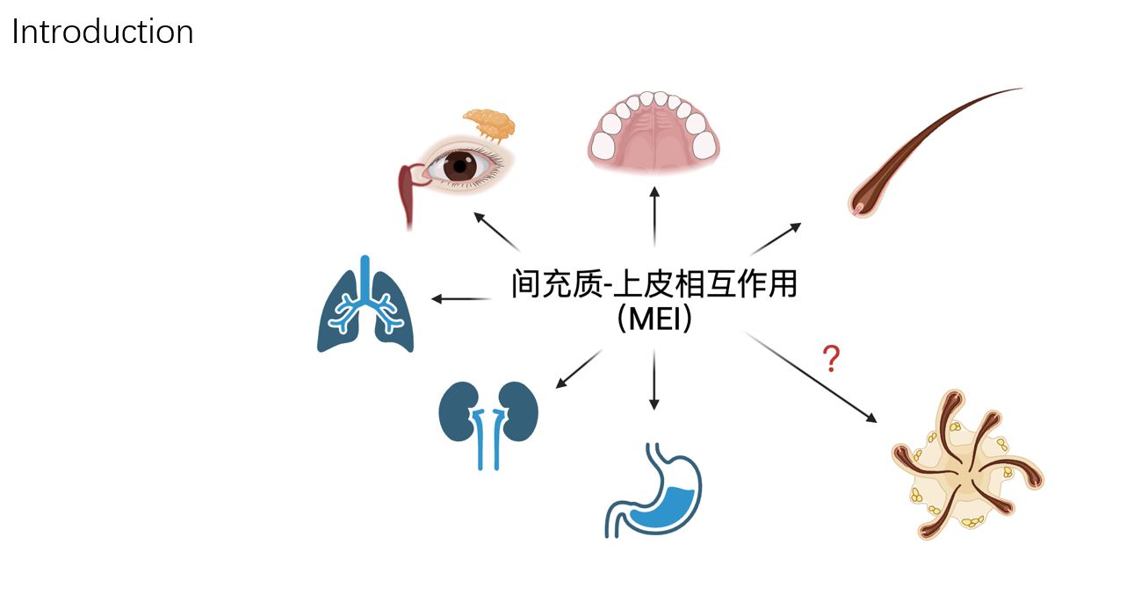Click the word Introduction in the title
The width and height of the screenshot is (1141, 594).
(103, 32)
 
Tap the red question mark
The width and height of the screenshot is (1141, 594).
(831, 358)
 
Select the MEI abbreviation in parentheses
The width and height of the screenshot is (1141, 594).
(654, 318)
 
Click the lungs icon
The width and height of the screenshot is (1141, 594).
(365, 304)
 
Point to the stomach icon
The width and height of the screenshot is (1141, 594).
(654, 490)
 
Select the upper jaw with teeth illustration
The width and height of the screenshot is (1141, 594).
(654, 131)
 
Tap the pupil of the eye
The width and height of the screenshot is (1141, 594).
(460, 166)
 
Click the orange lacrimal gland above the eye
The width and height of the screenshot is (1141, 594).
(490, 125)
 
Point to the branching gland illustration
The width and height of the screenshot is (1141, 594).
(967, 464)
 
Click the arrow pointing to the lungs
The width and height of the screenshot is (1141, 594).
(461, 299)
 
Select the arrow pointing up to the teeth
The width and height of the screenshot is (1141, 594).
(654, 217)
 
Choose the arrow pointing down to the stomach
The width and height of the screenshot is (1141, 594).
(654, 380)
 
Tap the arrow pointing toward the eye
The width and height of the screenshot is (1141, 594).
(496, 232)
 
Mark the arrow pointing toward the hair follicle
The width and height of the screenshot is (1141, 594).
(776, 238)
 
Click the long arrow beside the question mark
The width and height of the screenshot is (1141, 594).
(811, 377)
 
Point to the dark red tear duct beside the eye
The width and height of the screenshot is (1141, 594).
(410, 193)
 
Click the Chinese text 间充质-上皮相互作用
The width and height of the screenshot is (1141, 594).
(654, 283)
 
